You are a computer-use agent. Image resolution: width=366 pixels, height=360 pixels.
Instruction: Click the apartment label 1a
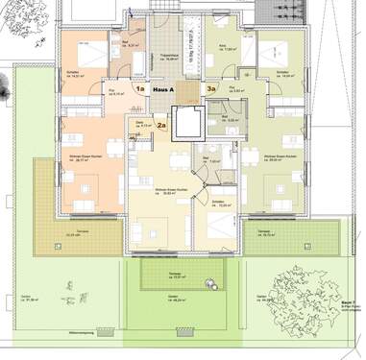[x=139, y=89]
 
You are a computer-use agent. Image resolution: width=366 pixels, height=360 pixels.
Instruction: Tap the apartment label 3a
[x=212, y=89]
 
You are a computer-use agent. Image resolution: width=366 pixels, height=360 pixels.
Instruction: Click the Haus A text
[x=176, y=89]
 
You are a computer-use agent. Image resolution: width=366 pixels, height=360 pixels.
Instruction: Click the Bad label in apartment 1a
[x=127, y=43]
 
